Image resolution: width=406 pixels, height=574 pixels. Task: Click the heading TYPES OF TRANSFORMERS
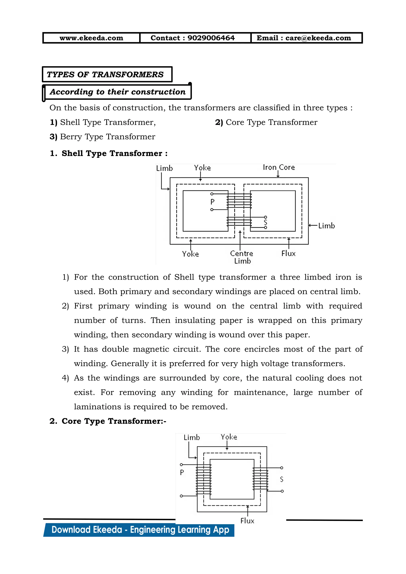coord(105,75)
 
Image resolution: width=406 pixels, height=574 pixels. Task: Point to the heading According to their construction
coord(118,92)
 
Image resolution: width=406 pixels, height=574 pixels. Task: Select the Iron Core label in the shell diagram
coord(279,167)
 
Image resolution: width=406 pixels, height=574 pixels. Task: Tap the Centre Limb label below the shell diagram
coord(242,257)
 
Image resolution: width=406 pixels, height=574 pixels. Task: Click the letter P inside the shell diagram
coord(213,202)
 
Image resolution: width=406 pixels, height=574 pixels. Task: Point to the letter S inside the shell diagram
coord(265,222)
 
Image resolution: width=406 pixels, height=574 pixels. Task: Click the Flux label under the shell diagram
coord(288,254)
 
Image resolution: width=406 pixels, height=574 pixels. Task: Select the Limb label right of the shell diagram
coord(326,226)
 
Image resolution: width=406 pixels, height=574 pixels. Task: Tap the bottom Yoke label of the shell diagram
coord(190,254)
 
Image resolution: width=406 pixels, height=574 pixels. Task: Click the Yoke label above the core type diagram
coord(229,437)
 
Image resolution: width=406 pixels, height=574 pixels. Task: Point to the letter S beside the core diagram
coord(282,479)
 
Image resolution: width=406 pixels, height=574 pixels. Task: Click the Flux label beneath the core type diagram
coord(247,521)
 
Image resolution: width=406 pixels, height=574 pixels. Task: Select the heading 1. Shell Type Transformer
coord(109,153)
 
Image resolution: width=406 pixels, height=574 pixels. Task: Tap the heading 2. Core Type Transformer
coord(108,421)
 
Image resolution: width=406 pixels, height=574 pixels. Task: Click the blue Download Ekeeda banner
coord(140,530)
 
